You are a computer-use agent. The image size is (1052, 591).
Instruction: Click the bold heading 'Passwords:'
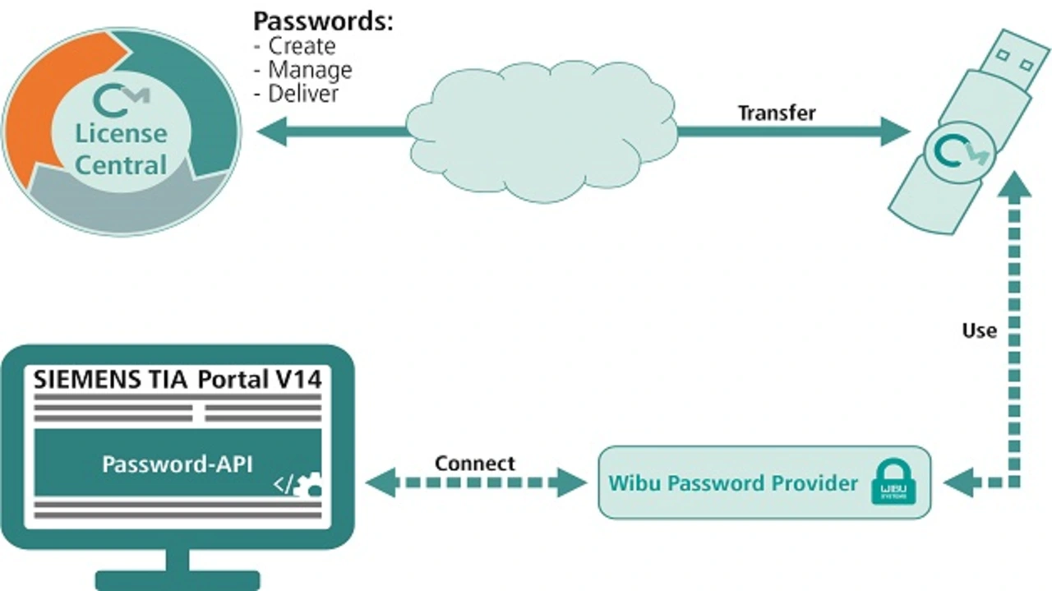(323, 21)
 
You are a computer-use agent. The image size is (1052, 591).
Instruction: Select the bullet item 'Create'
(302, 45)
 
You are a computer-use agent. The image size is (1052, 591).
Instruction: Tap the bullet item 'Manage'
(310, 70)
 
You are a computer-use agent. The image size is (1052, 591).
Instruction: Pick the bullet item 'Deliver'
(303, 94)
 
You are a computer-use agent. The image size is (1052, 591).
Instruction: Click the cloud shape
(542, 132)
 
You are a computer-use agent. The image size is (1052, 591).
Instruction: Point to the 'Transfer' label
(776, 113)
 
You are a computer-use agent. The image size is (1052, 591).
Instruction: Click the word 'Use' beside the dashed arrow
(979, 330)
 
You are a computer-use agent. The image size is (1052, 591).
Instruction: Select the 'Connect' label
(475, 464)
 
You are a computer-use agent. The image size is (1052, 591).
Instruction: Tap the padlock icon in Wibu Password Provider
(892, 482)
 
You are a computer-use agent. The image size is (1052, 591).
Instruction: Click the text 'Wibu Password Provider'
(733, 482)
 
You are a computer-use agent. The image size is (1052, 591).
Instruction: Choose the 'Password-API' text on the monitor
(178, 464)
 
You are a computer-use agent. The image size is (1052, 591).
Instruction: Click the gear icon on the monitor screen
(311, 485)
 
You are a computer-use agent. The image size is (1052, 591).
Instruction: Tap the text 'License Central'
(121, 149)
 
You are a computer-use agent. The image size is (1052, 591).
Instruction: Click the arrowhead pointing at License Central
(271, 131)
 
